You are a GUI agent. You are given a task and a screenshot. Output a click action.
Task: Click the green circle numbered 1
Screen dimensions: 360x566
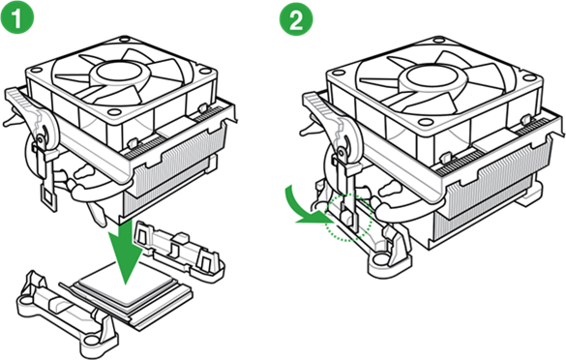tap(20, 18)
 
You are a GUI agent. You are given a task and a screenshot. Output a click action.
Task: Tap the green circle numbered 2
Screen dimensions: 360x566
tap(294, 18)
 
